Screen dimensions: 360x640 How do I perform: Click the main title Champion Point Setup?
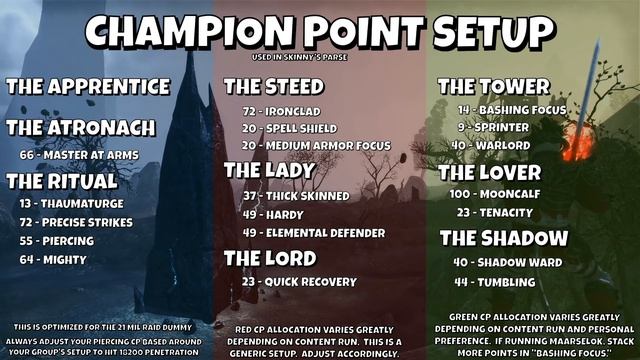(x=320, y=32)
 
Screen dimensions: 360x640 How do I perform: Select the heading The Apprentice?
(x=88, y=86)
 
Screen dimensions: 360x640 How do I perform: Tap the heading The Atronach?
(x=81, y=128)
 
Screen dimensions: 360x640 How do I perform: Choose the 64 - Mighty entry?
(x=53, y=260)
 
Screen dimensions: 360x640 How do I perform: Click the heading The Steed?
(x=273, y=86)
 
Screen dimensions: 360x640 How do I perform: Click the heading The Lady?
(x=269, y=171)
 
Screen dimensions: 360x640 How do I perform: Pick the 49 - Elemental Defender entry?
(x=313, y=233)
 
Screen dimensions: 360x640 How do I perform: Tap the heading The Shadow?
(x=503, y=239)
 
